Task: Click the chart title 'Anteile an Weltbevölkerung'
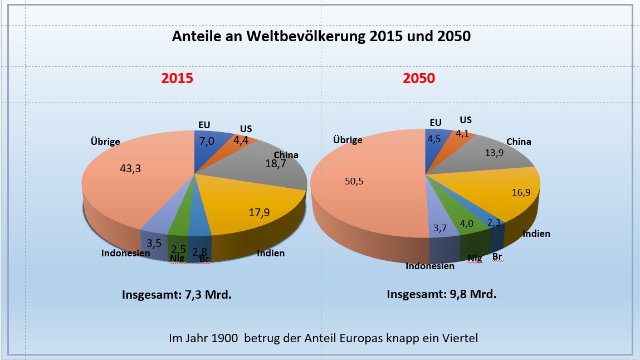coord(321,37)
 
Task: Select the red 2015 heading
coord(177,79)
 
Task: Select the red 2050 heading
coord(419,79)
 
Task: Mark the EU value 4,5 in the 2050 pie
coord(434,139)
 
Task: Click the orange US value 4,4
coord(241,140)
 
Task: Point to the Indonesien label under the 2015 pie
coord(125,253)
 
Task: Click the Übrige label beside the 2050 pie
coord(347,140)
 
